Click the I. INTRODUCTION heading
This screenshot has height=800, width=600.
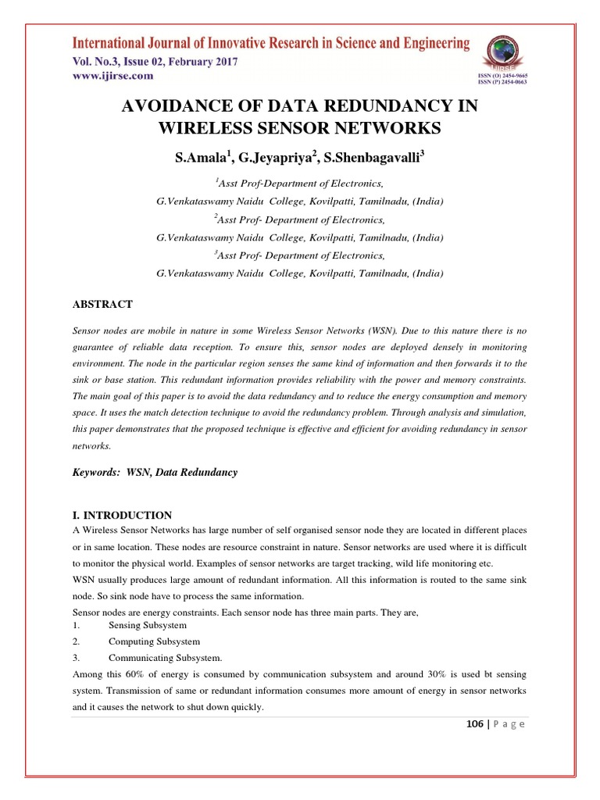click(x=122, y=515)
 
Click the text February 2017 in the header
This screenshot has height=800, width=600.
click(x=200, y=62)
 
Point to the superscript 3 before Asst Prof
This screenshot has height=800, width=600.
click(x=216, y=252)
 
